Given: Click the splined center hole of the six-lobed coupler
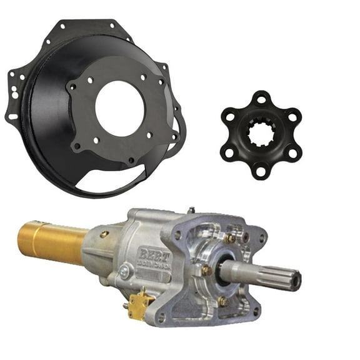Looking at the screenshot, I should pos(261,134).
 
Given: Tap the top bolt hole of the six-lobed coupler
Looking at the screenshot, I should pos(261,98).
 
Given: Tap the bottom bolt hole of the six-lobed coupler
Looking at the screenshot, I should pos(261,171).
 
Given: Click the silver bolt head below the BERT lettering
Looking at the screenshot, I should pos(125,272).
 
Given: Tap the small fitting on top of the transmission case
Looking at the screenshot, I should pos(191,211).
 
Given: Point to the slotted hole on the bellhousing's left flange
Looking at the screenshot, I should pos(12,117).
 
